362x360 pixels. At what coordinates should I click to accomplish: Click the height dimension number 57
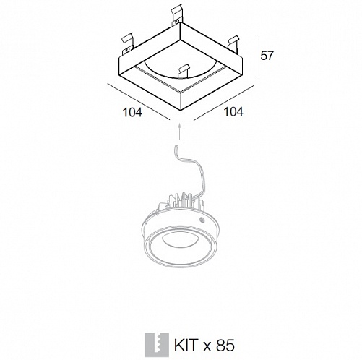coord(267,56)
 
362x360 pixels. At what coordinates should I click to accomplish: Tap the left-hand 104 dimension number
coord(132,112)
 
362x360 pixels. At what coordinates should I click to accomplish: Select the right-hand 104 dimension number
coord(233,111)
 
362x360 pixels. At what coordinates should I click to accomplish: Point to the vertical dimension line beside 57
coord(257,56)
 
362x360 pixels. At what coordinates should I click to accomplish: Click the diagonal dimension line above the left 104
coord(139,101)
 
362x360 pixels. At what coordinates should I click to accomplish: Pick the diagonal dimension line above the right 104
coord(224,103)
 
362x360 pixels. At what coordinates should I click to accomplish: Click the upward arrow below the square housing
coord(179,132)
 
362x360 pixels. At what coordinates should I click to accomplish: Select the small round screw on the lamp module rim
coord(202,220)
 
